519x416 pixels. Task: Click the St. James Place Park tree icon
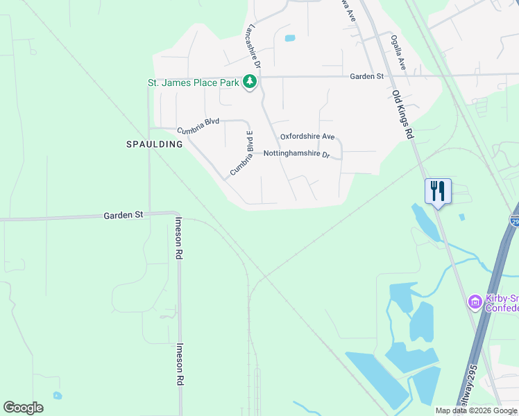coord(250,83)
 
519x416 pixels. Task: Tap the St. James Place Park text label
coord(193,83)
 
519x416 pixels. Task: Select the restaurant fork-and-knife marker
coord(438,191)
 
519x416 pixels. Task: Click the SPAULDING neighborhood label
coord(154,144)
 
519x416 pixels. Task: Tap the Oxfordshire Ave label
coord(307,137)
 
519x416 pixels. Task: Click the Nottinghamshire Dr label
coord(296,153)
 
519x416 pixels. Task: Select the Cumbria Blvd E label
coord(242,153)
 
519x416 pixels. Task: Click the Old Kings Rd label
coord(402,114)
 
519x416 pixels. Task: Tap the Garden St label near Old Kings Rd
coord(366,76)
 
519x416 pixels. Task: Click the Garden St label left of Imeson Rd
coord(123,215)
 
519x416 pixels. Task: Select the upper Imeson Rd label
coord(178,238)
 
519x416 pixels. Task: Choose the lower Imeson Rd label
coord(179,364)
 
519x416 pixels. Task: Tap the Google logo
coord(23,408)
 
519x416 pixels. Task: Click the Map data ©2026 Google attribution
coord(476,410)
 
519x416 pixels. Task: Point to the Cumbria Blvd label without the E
coord(198,125)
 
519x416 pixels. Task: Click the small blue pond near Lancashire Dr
coord(289,38)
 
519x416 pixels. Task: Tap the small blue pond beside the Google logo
coord(56,396)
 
